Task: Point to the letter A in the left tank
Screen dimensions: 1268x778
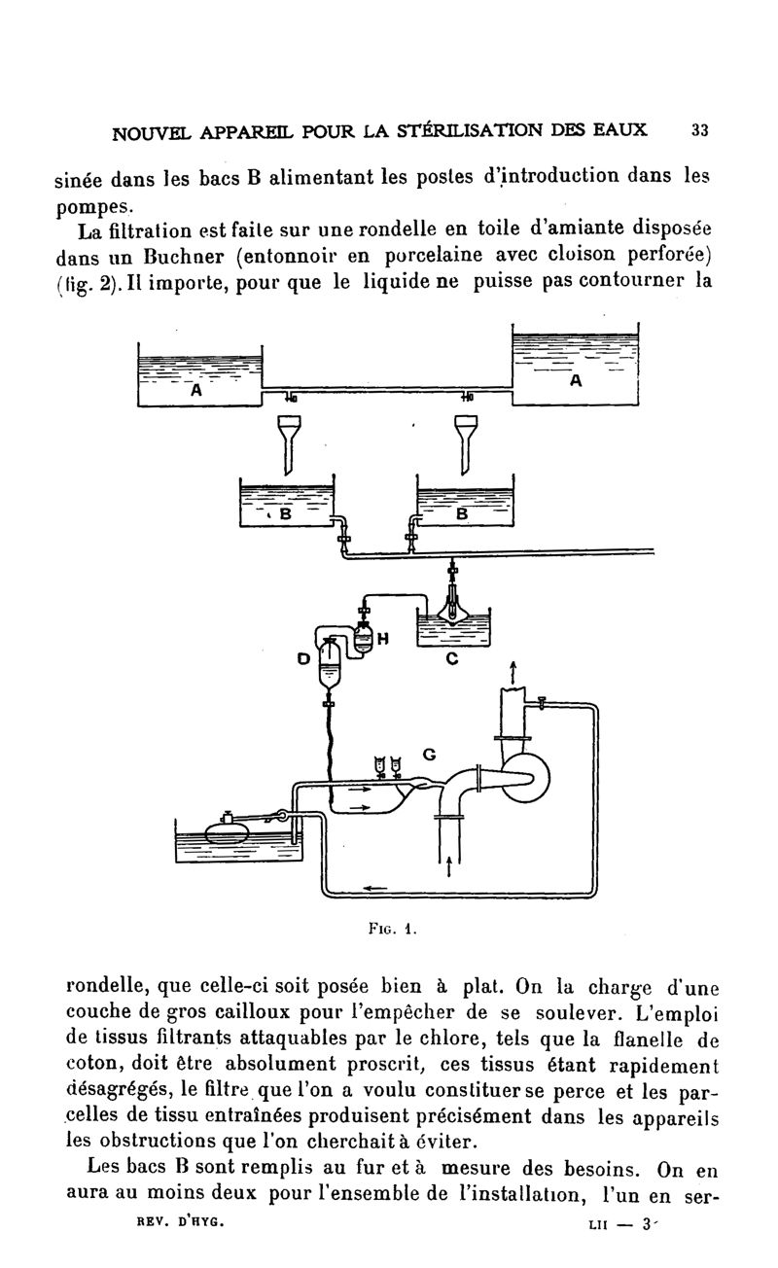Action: (195, 391)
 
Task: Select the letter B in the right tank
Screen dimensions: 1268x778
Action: (463, 512)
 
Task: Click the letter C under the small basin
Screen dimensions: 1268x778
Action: (451, 659)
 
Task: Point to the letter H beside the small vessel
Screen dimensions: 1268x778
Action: (382, 639)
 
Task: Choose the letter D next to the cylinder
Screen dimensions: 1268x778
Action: (303, 658)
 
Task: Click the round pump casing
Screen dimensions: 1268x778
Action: (525, 774)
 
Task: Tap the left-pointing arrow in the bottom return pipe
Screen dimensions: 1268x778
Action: (374, 888)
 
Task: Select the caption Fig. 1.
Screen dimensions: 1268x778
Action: (394, 928)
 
